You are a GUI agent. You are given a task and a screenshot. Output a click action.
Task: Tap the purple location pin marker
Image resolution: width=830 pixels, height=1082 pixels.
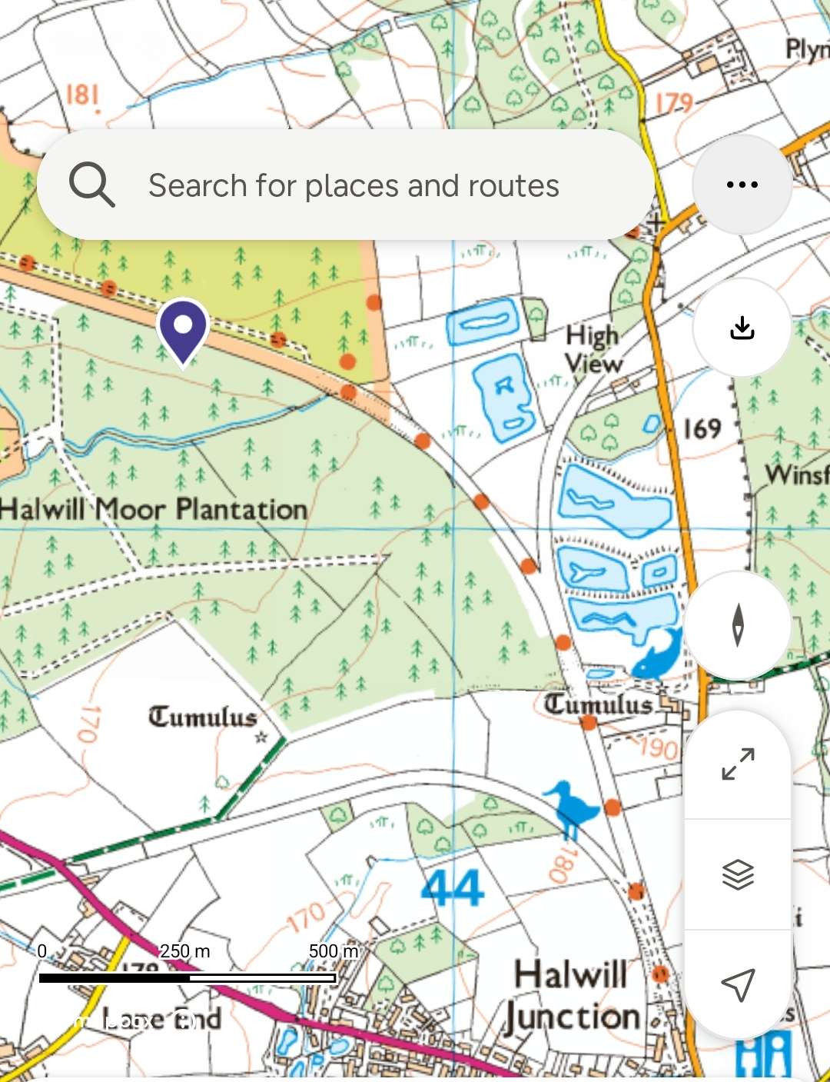click(183, 328)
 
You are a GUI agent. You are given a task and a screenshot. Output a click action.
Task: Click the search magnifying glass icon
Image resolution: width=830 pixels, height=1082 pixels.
click(92, 185)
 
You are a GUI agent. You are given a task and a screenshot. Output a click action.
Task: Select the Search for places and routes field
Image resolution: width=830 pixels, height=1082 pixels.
click(354, 185)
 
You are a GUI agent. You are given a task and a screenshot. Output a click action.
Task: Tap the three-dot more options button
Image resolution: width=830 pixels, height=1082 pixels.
click(742, 185)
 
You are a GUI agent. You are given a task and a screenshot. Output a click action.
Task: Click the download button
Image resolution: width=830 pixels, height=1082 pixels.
click(742, 328)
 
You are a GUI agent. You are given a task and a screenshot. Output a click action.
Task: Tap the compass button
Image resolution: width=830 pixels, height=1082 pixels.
click(738, 625)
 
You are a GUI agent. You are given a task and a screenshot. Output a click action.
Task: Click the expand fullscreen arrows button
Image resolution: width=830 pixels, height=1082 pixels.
click(738, 764)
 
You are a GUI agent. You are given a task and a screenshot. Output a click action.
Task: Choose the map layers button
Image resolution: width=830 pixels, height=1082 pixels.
click(738, 874)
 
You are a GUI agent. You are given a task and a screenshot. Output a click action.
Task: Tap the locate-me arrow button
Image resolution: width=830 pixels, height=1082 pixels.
click(738, 984)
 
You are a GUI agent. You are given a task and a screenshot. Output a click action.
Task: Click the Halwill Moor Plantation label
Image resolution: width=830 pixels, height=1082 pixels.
click(154, 509)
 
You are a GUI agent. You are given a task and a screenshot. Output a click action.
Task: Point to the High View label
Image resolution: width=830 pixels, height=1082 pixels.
click(593, 348)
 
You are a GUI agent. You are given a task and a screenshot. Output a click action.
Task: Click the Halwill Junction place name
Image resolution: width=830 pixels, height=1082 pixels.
click(573, 996)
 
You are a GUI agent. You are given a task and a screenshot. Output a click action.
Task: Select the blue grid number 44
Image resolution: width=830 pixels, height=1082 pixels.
click(453, 888)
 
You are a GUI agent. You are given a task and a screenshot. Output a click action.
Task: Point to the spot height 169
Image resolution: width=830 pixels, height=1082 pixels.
click(702, 428)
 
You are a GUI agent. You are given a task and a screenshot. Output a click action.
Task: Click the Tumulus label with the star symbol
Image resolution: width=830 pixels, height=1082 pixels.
click(203, 717)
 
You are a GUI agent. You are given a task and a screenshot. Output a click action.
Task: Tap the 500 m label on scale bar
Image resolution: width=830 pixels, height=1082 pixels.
click(334, 951)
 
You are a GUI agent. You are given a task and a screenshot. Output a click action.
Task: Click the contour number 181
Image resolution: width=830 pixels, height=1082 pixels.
click(82, 95)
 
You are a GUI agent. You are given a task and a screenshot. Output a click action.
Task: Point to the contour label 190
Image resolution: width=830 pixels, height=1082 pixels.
click(658, 747)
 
